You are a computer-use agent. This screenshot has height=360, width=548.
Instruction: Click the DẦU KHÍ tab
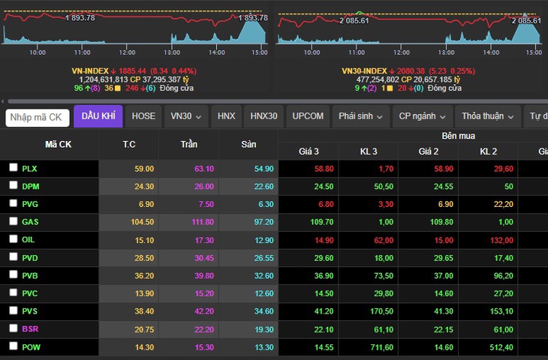(98, 116)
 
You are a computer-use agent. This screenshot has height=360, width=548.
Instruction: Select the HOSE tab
(143, 116)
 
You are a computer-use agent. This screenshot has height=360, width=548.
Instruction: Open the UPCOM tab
(308, 116)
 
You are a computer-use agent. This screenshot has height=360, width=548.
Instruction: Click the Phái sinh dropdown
(360, 116)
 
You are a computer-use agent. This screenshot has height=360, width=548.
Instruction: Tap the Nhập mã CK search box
(38, 117)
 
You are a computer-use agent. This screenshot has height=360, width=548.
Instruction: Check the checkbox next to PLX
(14, 167)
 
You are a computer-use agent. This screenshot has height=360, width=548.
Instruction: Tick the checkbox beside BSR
(14, 328)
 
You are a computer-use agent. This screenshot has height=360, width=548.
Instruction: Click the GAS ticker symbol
(30, 222)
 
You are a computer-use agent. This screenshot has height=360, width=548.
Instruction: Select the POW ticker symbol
(31, 347)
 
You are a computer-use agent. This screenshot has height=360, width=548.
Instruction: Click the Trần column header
(189, 144)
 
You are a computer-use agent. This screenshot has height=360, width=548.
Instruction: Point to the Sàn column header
(248, 144)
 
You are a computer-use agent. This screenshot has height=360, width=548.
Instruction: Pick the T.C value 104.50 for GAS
(142, 222)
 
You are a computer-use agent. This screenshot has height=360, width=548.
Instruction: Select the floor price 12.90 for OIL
(263, 240)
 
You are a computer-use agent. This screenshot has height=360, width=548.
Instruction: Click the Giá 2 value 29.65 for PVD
(444, 258)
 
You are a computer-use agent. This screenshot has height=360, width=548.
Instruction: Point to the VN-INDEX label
(90, 71)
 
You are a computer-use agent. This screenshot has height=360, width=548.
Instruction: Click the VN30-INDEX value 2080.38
(411, 71)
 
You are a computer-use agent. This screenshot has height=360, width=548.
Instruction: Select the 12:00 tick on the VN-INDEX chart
(127, 52)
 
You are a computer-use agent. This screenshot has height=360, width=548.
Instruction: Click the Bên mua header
(458, 136)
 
